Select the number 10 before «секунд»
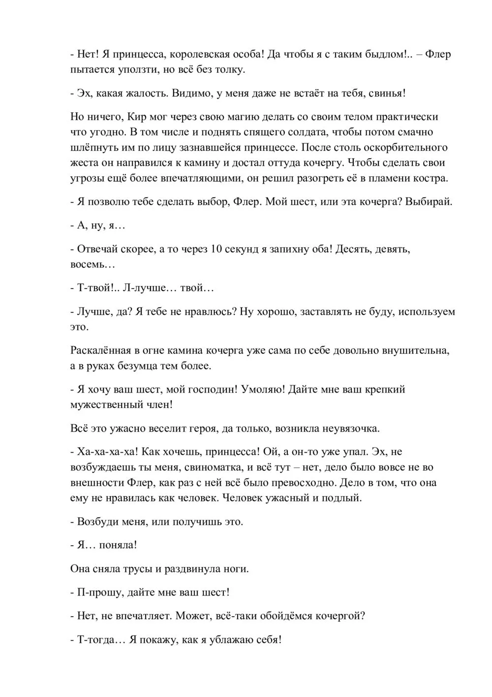tap(215, 249)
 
